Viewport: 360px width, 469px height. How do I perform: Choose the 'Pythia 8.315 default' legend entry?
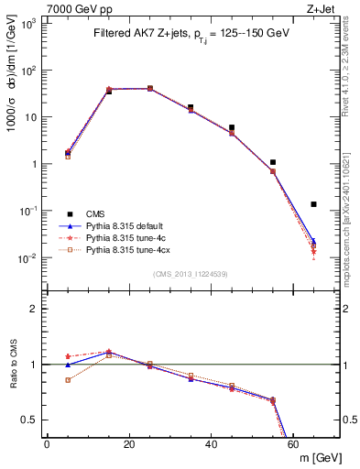pos(126,224)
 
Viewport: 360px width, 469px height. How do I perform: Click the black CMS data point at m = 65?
pos(314,204)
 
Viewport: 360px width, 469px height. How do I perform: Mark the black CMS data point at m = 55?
pos(273,162)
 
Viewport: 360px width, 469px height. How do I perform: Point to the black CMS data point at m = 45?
pos(232,127)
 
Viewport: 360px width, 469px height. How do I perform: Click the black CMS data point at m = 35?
pos(191,107)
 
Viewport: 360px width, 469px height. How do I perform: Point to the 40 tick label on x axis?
pos(212,444)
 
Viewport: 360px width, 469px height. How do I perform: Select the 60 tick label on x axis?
pos(294,444)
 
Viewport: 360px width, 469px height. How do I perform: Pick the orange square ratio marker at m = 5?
pos(68,379)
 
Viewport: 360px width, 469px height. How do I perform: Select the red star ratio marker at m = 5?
pos(68,356)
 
